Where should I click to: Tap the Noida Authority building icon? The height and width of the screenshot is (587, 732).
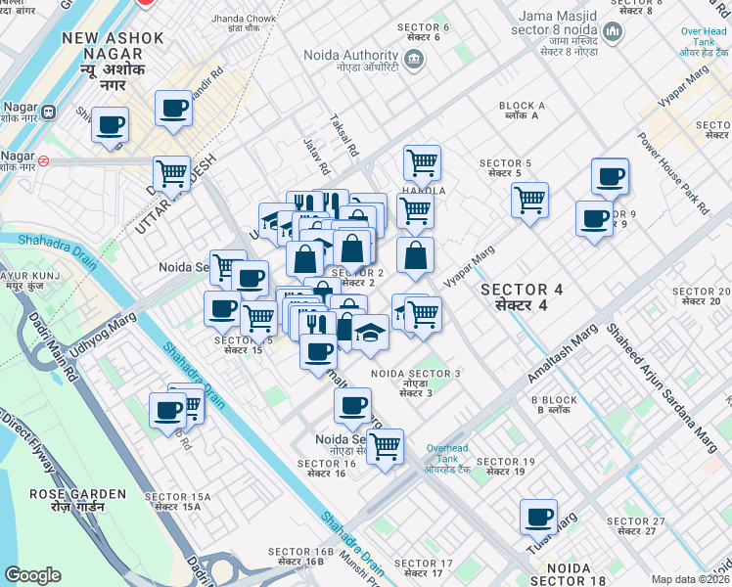point(413,61)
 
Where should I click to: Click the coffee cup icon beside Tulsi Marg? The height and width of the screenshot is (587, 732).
point(538,517)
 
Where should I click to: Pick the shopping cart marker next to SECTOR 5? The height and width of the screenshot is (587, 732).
point(529,200)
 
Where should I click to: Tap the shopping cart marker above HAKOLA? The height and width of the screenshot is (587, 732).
point(422,162)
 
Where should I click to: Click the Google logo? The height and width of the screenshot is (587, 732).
point(32,575)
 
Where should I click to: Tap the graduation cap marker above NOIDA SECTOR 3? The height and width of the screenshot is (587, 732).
point(371,334)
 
